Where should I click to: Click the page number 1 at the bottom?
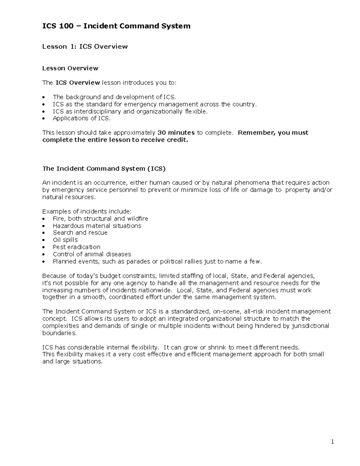click(332, 442)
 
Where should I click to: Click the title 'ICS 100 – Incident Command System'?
click(116, 26)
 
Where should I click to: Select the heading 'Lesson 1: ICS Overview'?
click(85, 47)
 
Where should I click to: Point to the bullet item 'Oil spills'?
click(65, 240)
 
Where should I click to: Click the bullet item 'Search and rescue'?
click(80, 233)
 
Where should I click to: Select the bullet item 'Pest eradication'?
click(76, 247)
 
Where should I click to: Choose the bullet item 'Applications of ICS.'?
click(82, 118)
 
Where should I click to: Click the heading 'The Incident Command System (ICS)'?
click(104, 169)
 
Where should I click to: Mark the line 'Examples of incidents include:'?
click(87, 212)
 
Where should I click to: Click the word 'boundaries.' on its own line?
click(60, 333)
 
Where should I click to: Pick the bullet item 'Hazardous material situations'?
click(97, 226)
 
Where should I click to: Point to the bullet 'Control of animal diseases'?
click(92, 254)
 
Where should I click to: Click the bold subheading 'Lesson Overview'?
click(70, 68)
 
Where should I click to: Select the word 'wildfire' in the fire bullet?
click(137, 218)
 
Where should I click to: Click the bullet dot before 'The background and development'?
click(44, 97)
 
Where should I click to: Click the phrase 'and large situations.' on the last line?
click(72, 362)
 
